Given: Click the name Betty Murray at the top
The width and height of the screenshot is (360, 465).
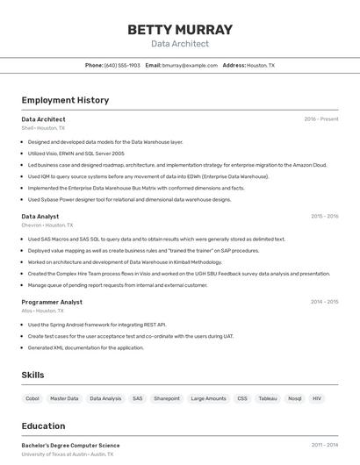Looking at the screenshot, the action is click(x=180, y=30).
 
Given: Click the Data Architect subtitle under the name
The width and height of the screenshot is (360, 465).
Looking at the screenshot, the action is click(x=180, y=44).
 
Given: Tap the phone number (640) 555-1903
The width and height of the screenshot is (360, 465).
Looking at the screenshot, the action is click(x=122, y=65).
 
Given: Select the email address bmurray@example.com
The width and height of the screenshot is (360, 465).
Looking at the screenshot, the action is click(x=190, y=65).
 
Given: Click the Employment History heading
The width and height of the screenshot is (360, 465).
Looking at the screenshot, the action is click(x=65, y=100).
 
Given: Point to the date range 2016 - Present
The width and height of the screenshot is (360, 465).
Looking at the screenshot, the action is click(x=321, y=119).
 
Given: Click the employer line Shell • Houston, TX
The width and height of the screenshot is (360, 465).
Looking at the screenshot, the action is click(x=43, y=128).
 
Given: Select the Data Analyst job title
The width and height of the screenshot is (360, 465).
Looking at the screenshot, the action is click(x=40, y=216).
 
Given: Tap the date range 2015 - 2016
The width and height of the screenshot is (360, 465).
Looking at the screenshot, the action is click(x=324, y=216).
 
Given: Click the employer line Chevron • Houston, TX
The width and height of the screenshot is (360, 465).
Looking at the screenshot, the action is click(x=47, y=225).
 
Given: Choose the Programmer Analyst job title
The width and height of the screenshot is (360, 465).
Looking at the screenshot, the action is click(x=52, y=302).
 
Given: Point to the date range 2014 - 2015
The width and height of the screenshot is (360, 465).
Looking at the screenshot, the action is click(x=324, y=302).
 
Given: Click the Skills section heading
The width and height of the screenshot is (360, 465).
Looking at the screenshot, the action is click(x=32, y=375).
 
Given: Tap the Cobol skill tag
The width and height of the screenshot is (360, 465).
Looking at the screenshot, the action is click(x=32, y=398).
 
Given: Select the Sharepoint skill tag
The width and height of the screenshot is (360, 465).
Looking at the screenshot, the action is click(x=167, y=398).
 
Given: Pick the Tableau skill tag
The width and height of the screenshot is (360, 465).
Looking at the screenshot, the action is click(x=267, y=398).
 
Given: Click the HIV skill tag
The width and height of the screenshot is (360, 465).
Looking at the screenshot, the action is click(x=317, y=398).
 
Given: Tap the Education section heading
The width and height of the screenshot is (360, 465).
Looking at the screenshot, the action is click(x=43, y=426).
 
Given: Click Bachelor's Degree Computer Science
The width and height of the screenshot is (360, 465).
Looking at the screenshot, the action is click(x=70, y=445).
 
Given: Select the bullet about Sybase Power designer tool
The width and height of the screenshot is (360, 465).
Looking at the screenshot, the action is click(x=129, y=199).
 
